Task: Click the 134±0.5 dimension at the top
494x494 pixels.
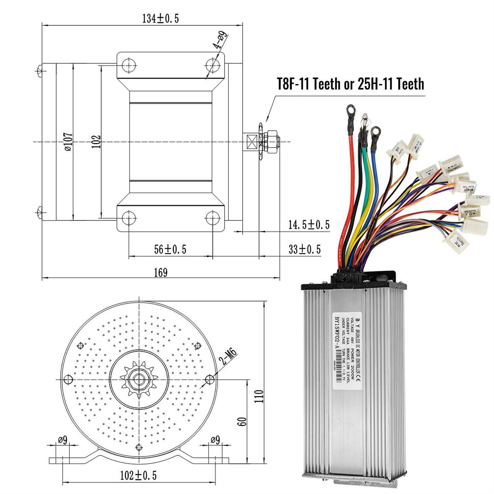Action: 160,19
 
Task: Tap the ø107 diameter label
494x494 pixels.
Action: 69,142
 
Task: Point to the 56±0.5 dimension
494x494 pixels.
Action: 170,249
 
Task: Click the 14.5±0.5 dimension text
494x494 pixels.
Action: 309,225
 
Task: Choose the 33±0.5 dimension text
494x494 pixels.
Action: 304,249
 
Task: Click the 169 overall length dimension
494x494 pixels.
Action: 161,273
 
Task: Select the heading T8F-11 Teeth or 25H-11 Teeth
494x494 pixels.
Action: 350,84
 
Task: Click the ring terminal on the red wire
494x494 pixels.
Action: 350,111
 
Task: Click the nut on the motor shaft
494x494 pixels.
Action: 272,142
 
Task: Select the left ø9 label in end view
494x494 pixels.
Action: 63,440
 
